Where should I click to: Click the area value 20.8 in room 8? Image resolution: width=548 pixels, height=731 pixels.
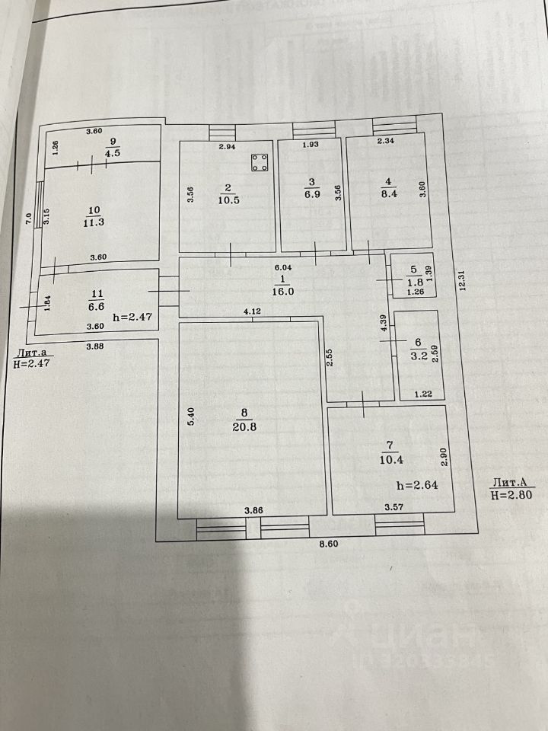coord(244,427)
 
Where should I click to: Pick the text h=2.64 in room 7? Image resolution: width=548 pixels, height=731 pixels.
coord(417,484)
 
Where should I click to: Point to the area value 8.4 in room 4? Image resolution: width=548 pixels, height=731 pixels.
coord(388,193)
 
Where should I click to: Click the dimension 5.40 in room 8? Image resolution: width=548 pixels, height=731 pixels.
coord(192,418)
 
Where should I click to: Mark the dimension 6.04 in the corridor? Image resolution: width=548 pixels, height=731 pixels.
coord(282,267)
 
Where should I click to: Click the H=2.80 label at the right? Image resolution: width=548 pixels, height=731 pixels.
coord(511,494)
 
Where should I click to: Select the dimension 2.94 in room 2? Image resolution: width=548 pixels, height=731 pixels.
coord(228,146)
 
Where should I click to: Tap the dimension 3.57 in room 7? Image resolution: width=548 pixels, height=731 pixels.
coord(393,507)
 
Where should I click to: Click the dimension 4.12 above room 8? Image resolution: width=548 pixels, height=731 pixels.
coord(253,311)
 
